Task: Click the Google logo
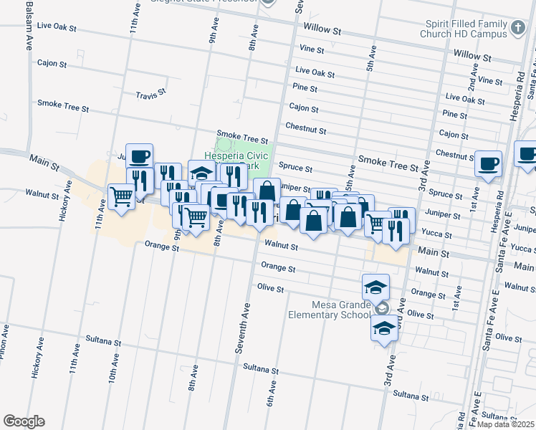[x=24, y=421]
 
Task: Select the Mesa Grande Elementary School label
[x=329, y=309]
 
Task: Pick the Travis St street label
[x=150, y=92]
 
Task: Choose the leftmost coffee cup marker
[x=140, y=156]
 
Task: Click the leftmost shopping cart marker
[x=121, y=195]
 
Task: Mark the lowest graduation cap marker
[x=384, y=329]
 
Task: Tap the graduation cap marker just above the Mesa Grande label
[x=375, y=286]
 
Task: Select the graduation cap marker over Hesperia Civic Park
[x=202, y=172]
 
